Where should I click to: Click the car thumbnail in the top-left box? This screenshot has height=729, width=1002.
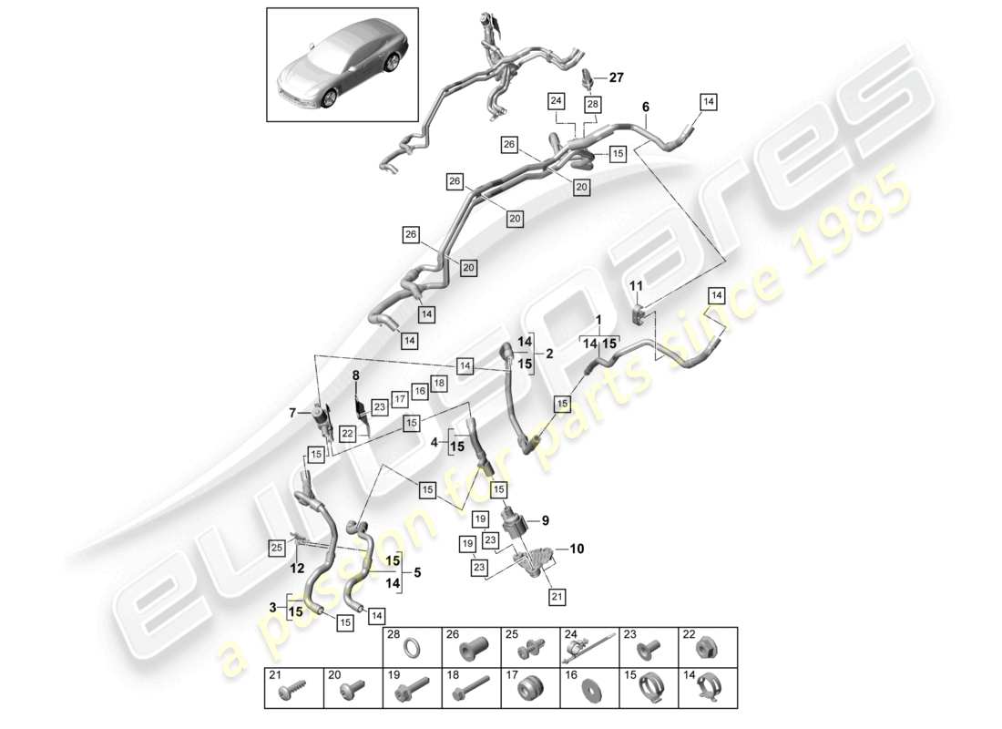(x=342, y=66)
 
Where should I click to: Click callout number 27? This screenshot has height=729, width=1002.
(x=617, y=79)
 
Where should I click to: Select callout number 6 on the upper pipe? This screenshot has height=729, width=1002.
(x=646, y=108)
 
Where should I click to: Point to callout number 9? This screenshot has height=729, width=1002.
(x=546, y=521)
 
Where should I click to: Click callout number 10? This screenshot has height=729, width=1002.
(x=577, y=549)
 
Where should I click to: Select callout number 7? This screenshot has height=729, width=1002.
(x=291, y=412)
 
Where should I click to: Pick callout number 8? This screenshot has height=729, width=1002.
(x=356, y=375)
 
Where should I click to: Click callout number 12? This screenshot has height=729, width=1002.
(x=297, y=569)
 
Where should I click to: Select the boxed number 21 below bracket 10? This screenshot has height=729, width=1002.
(x=557, y=596)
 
